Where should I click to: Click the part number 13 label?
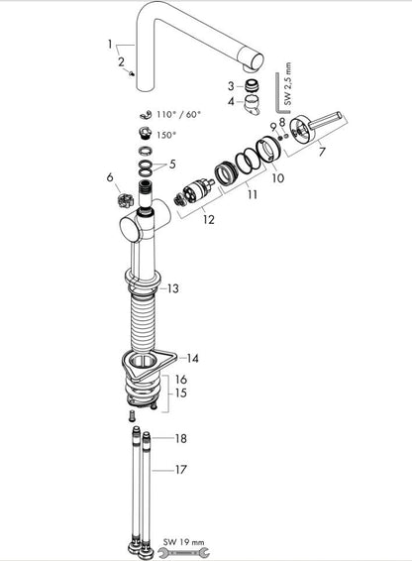(x=173, y=288)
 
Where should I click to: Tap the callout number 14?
(x=192, y=358)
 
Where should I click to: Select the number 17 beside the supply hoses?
(x=180, y=469)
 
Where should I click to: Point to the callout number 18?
(x=180, y=438)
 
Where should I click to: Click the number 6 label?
(x=110, y=176)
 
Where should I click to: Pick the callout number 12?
(x=209, y=219)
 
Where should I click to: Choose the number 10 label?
(x=278, y=177)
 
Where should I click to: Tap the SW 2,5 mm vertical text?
(x=288, y=83)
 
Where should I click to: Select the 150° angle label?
(x=166, y=135)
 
